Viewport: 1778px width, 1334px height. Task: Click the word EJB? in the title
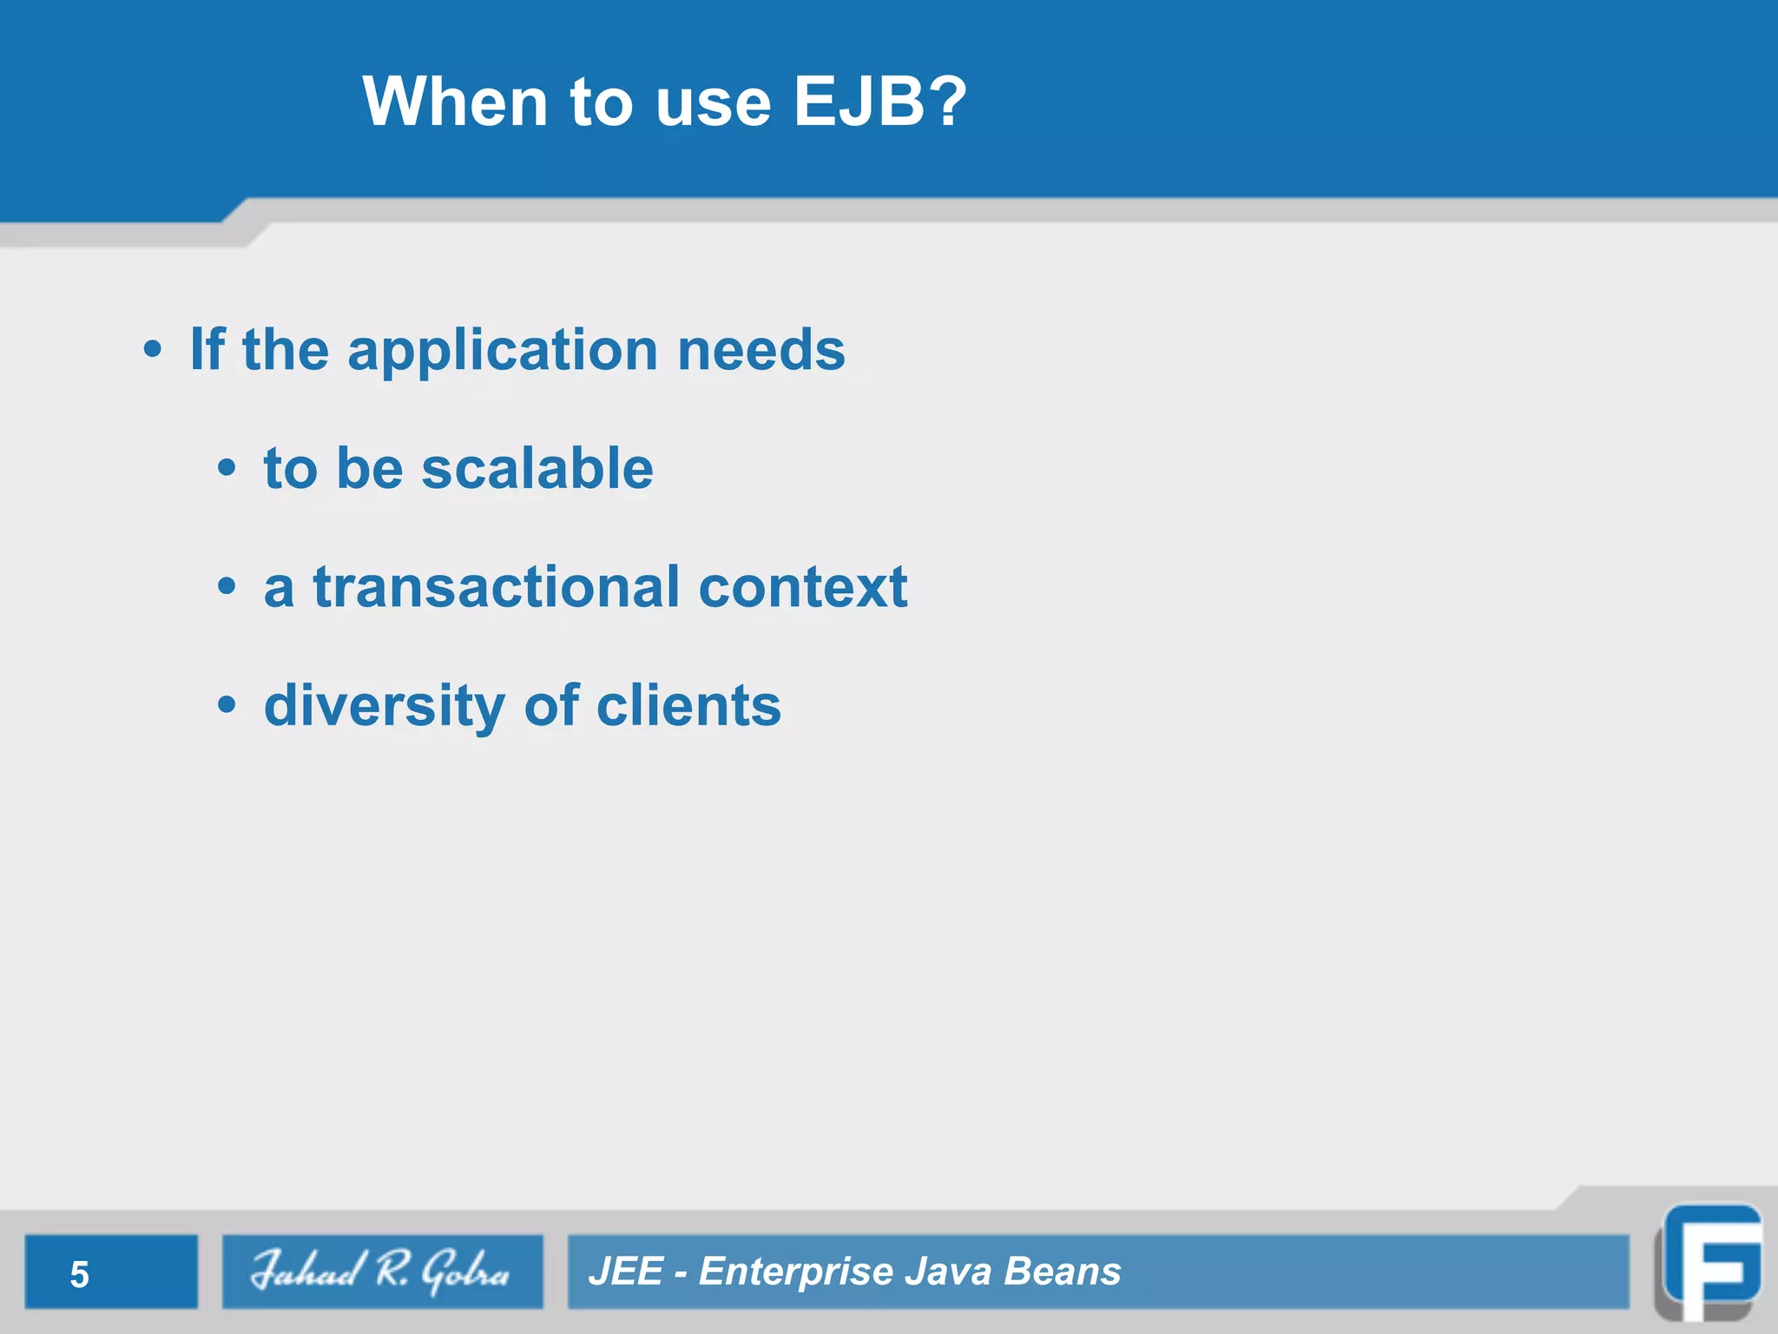879,102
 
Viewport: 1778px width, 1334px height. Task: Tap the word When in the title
454,102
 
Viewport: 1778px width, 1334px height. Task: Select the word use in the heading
713,103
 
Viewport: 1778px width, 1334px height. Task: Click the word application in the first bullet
502,352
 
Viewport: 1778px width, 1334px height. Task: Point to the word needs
761,350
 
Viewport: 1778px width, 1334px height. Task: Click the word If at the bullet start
207,349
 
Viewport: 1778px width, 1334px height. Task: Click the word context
803,587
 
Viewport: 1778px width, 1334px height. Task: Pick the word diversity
384,706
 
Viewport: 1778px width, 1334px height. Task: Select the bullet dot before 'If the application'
153,350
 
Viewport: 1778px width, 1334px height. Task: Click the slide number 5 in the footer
79,1274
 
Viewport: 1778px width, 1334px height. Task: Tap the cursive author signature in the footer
381,1271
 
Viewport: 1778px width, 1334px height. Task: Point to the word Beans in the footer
1062,1271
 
